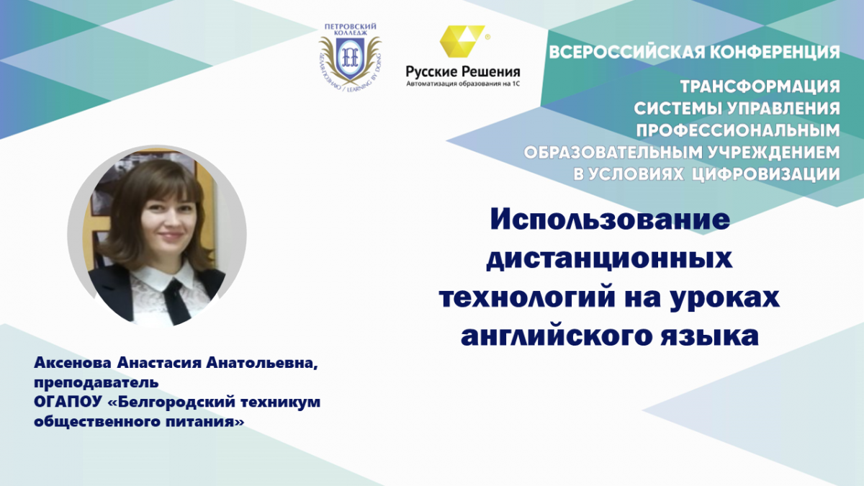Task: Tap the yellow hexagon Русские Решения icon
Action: [462, 41]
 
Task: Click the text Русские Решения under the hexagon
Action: [463, 71]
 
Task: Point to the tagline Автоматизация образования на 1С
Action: [463, 84]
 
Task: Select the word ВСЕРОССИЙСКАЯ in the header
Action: [626, 52]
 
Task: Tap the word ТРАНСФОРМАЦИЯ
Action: [760, 86]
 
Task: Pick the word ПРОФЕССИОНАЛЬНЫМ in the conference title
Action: [738, 131]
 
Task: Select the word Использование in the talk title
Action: [611, 220]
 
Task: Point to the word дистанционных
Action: [609, 258]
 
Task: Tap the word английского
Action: [554, 336]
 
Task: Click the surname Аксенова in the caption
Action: [73, 363]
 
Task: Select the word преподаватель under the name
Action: [96, 383]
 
